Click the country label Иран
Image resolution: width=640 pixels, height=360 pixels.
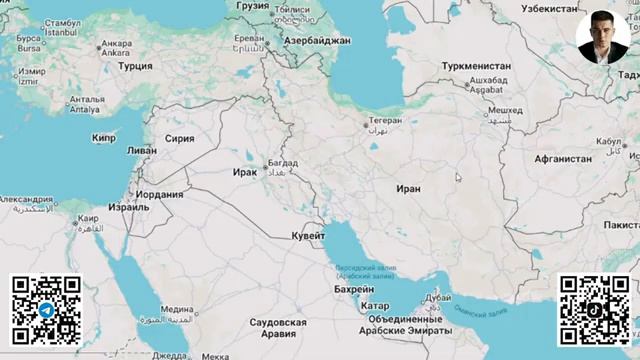pyautogui.click(x=408, y=188)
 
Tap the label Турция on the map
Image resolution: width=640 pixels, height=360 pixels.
pyautogui.click(x=135, y=66)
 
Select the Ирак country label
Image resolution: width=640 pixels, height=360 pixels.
pyautogui.click(x=244, y=172)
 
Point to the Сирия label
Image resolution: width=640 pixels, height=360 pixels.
pyautogui.click(x=179, y=139)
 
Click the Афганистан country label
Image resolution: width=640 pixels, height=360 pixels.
pyautogui.click(x=562, y=158)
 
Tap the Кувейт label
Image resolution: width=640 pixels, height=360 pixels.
pyautogui.click(x=308, y=235)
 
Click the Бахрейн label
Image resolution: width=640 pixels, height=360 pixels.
pyautogui.click(x=354, y=288)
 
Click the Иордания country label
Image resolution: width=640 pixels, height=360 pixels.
pyautogui.click(x=160, y=195)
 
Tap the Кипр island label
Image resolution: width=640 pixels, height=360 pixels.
pyautogui.click(x=104, y=138)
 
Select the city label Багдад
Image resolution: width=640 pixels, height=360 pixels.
pyautogui.click(x=282, y=162)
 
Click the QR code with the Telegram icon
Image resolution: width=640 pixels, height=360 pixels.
pyautogui.click(x=46, y=309)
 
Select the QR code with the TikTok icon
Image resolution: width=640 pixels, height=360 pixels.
pyautogui.click(x=593, y=309)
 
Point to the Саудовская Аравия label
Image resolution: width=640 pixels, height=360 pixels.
pyautogui.click(x=277, y=329)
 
